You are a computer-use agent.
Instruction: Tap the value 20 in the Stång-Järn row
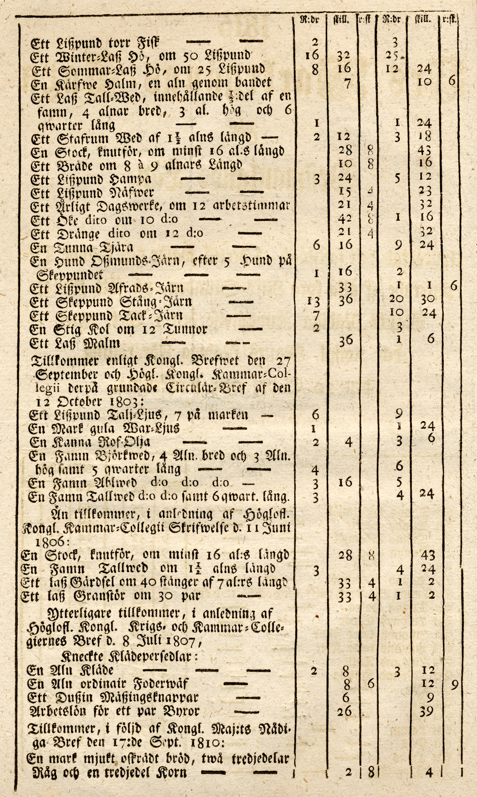pos(397,299)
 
